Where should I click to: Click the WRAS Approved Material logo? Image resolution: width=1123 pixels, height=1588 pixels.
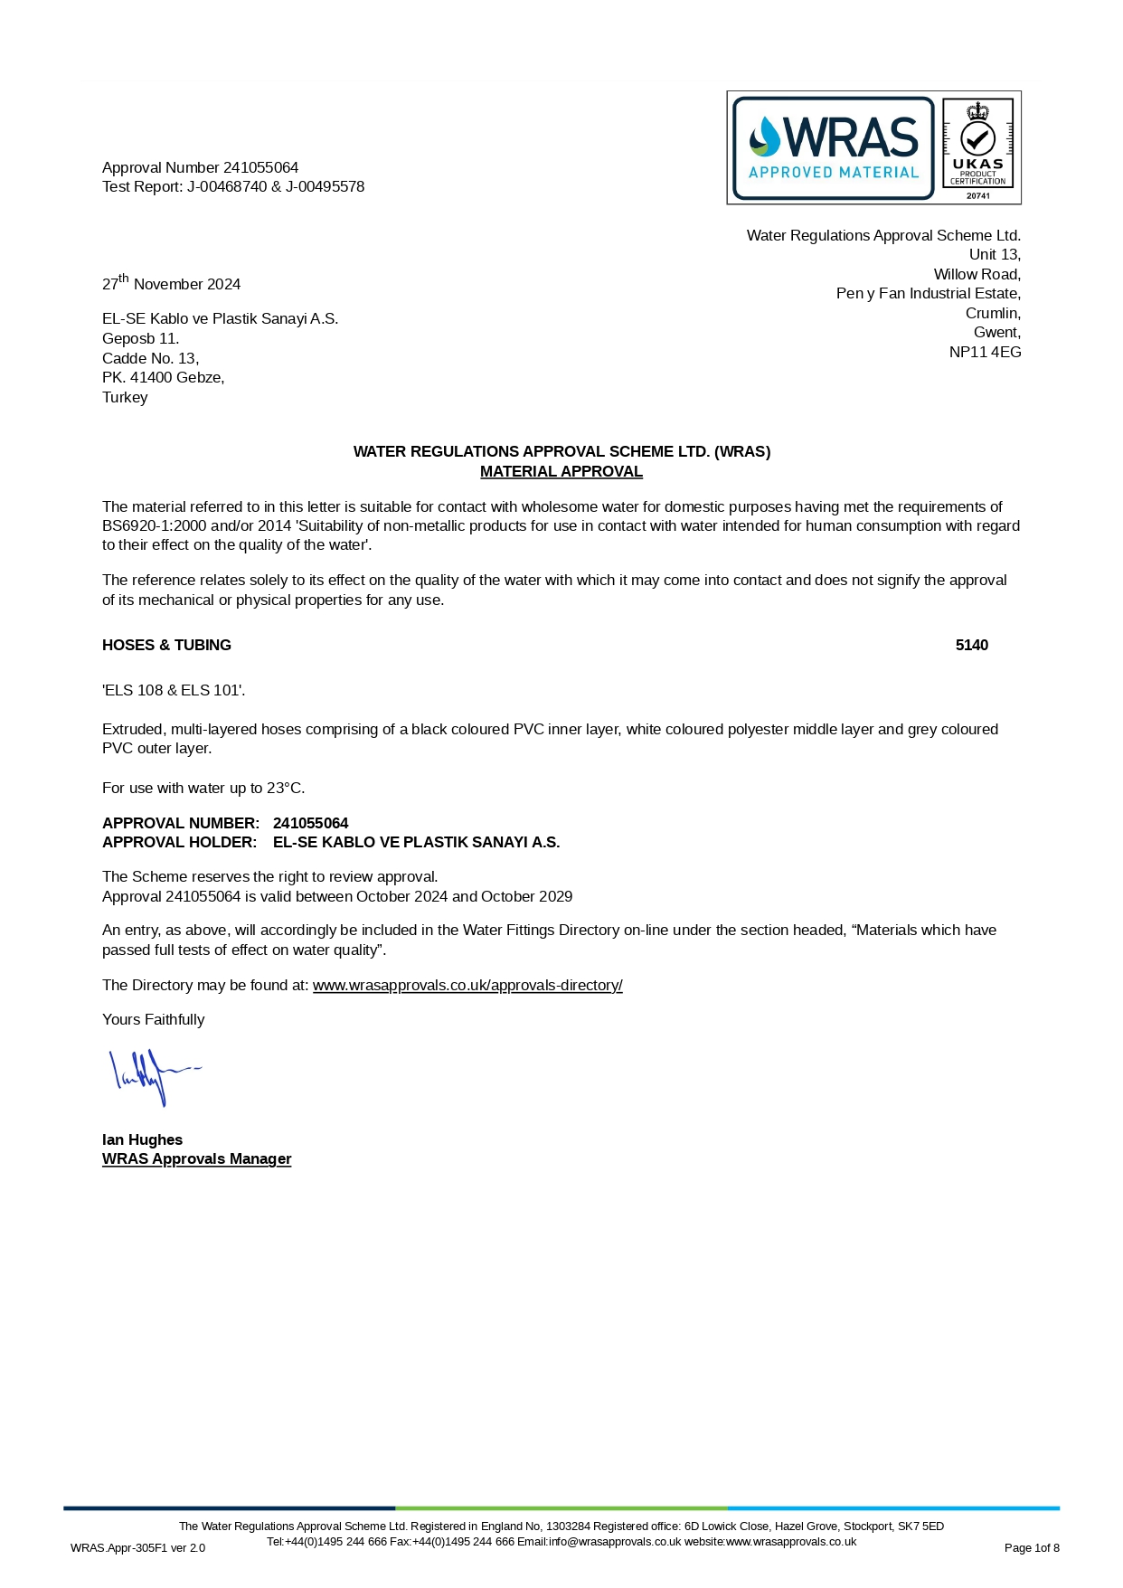click(x=833, y=147)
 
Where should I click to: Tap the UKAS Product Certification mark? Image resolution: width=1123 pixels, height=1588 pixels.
click(x=977, y=147)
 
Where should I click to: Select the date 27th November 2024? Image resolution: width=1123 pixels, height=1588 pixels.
click(x=171, y=283)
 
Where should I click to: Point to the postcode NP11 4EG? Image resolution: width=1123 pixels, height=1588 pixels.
click(x=985, y=353)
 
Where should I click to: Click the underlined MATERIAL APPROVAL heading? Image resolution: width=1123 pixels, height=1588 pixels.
click(x=561, y=472)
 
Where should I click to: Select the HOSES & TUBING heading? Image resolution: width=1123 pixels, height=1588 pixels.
click(x=166, y=646)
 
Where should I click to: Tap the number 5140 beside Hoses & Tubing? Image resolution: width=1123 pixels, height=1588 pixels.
click(x=971, y=646)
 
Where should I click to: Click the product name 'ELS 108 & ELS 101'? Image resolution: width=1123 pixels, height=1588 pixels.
click(x=174, y=691)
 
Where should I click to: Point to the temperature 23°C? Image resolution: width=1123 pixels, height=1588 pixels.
click(x=285, y=789)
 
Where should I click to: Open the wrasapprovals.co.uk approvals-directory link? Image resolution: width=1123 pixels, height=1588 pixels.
click(x=467, y=986)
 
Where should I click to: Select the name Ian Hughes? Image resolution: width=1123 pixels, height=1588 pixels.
click(x=142, y=1140)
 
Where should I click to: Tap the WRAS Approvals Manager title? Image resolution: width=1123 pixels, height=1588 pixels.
click(x=196, y=1159)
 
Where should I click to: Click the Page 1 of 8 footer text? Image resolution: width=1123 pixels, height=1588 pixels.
click(x=1031, y=1548)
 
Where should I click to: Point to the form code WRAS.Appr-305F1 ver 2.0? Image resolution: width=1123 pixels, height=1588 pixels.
click(x=137, y=1548)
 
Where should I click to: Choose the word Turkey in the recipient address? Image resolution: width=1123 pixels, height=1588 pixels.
click(x=125, y=398)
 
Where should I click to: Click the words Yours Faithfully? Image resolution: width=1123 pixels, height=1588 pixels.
click(x=153, y=1020)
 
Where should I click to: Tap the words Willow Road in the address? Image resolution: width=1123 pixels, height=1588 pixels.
click(x=977, y=275)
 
